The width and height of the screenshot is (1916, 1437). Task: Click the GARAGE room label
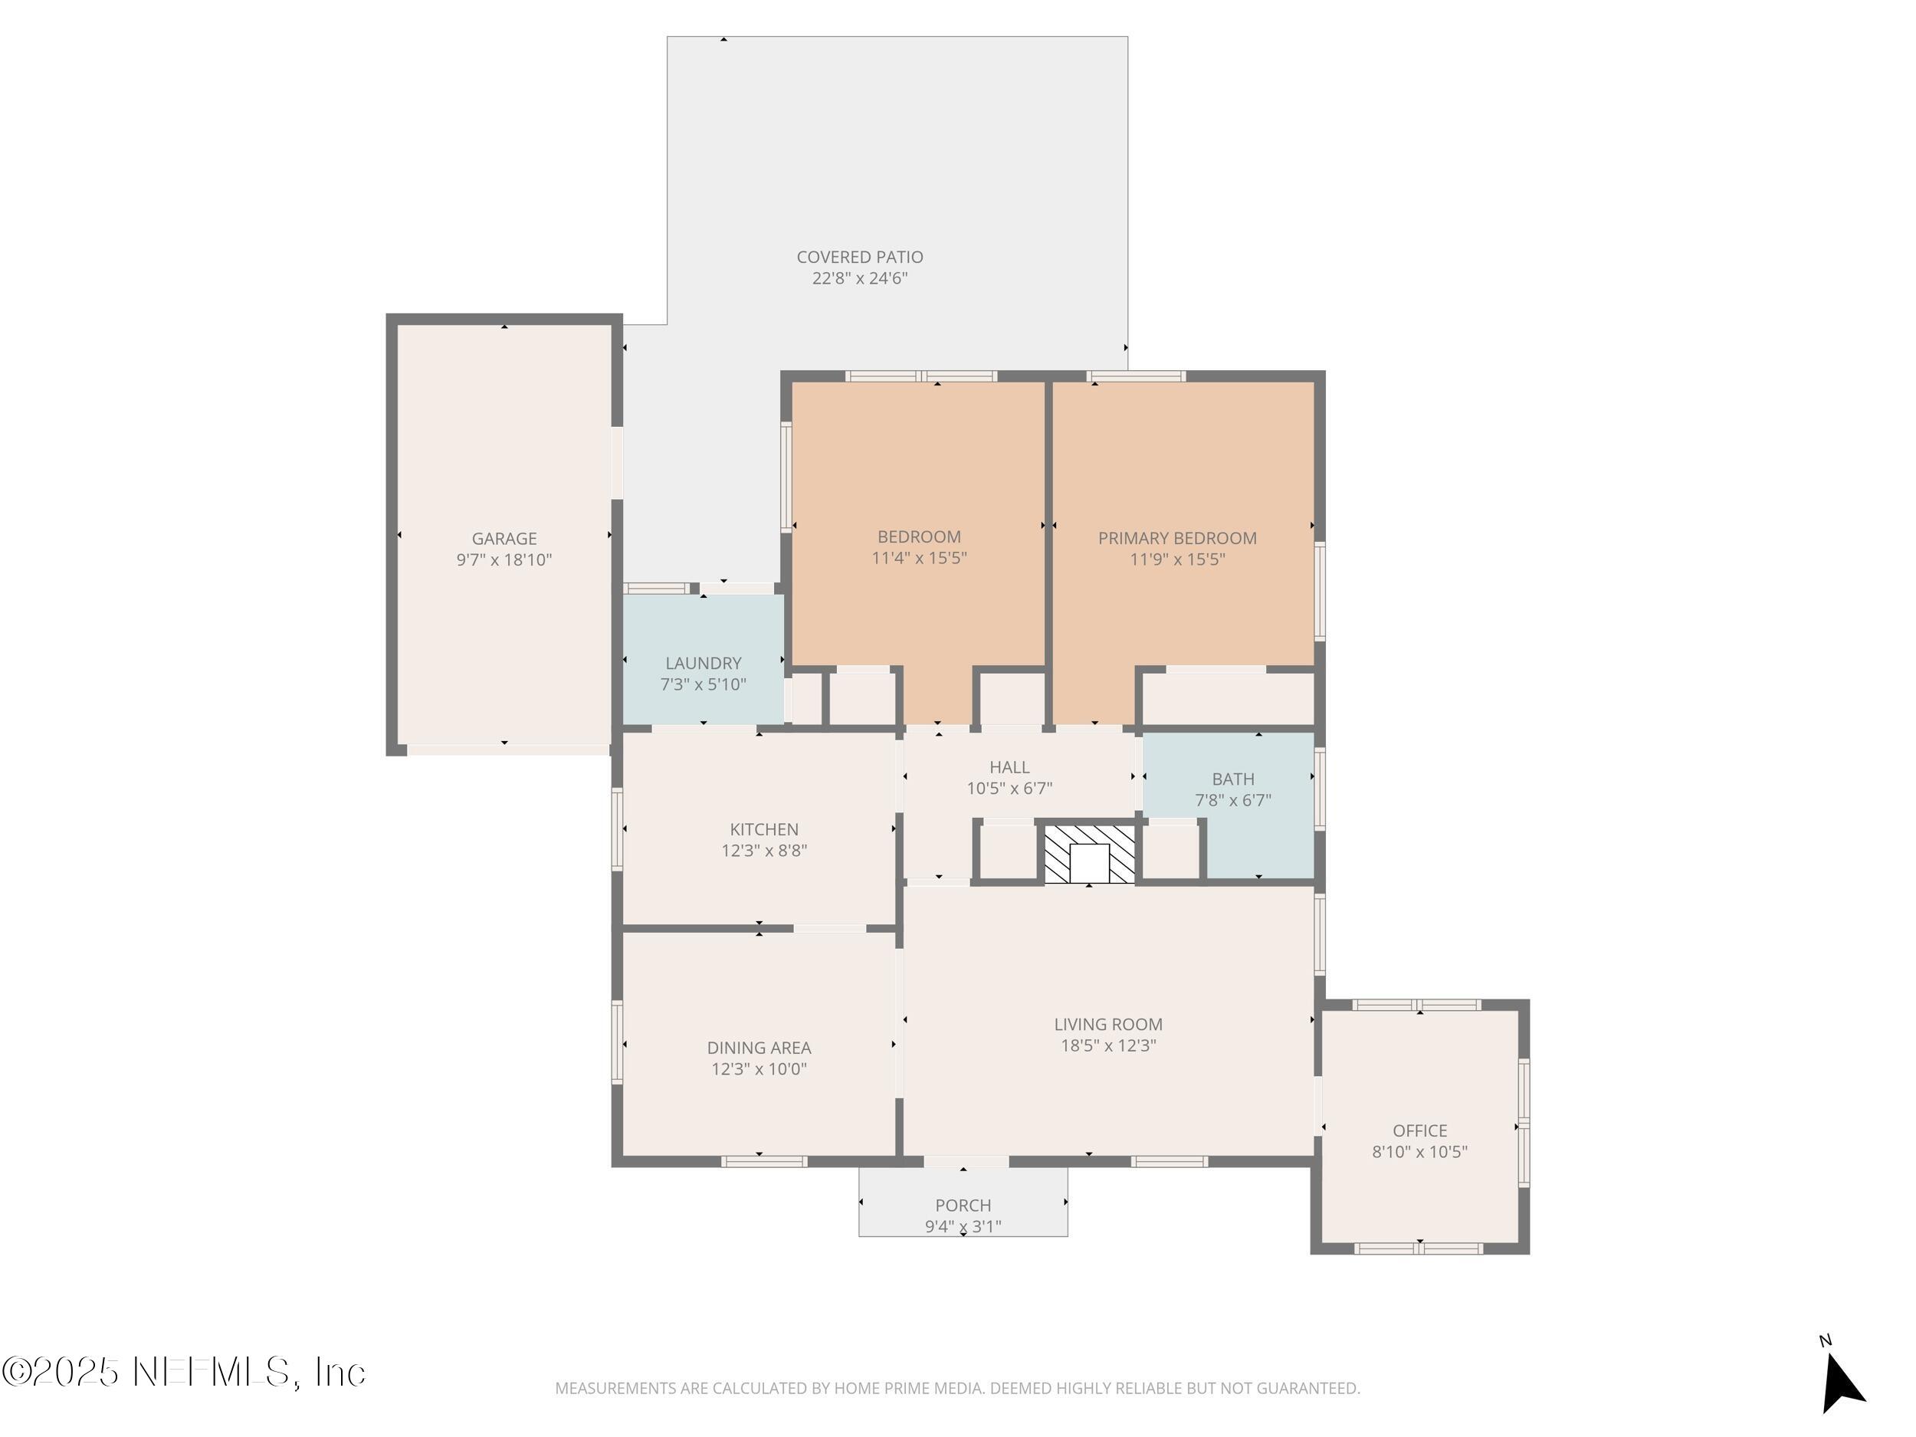coord(504,538)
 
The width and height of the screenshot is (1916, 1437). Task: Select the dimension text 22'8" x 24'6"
coord(859,278)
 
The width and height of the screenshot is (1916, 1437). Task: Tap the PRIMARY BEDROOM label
coord(1177,538)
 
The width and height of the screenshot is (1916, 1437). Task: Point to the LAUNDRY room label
coord(704,663)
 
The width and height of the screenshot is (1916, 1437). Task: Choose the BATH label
coord(1232,779)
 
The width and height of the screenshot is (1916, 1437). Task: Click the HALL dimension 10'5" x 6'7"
coord(1009,788)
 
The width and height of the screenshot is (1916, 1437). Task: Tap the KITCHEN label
coord(764,829)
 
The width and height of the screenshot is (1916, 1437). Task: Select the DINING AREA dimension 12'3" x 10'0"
coord(759,1069)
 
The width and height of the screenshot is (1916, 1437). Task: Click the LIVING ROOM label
coord(1108,1024)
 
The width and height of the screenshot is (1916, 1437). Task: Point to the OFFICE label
coord(1419,1130)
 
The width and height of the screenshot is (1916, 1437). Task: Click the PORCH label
coord(963,1205)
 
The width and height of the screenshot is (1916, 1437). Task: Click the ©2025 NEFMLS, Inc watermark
coord(184,1372)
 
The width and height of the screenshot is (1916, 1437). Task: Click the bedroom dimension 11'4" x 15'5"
coord(919,558)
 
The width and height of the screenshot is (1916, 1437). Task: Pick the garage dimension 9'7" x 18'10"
coord(504,559)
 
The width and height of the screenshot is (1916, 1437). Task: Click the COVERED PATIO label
coord(859,257)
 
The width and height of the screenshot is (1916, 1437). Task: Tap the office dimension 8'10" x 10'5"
coord(1419,1152)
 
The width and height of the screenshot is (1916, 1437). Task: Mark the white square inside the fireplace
coord(1089,863)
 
